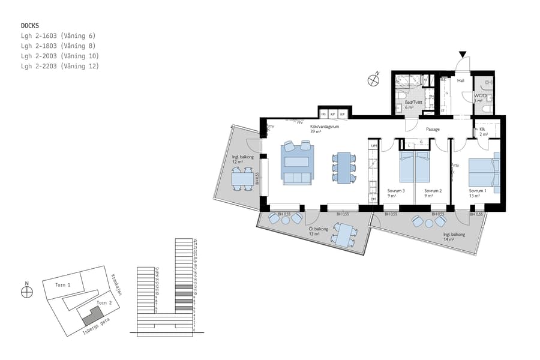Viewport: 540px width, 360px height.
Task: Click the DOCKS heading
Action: [30, 26]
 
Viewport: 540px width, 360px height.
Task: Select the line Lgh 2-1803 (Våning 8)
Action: [58, 46]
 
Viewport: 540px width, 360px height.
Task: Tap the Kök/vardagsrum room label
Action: [323, 127]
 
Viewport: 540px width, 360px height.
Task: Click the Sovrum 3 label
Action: [396, 191]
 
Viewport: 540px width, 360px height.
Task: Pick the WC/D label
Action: [480, 96]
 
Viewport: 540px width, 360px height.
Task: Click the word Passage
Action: [433, 129]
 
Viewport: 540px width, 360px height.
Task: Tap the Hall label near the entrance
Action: [461, 80]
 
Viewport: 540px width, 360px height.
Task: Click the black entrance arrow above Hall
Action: [461, 55]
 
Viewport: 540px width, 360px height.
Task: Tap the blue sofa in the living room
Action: [298, 178]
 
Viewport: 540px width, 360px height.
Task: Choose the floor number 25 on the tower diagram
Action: [196, 239]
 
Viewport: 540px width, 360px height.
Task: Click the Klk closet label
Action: [482, 129]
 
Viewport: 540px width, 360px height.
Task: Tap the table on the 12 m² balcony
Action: [243, 179]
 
